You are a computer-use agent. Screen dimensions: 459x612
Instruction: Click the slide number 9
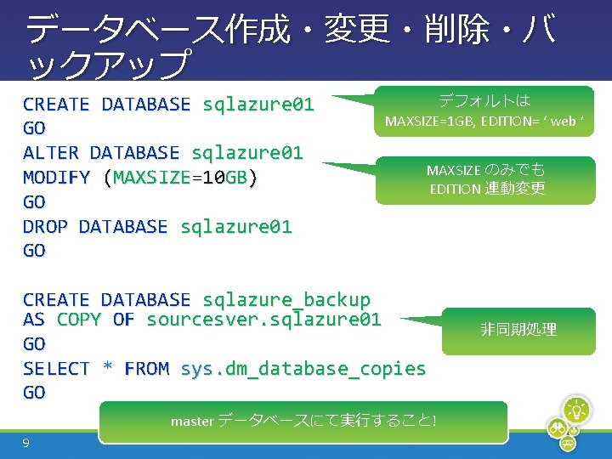coord(27,443)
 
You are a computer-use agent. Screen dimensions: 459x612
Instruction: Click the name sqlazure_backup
coord(286,300)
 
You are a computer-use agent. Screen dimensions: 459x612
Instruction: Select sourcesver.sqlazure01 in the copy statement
coord(263,320)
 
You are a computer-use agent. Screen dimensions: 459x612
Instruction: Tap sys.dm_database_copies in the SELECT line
coord(303,369)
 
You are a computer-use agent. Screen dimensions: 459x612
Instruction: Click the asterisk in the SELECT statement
coord(107,369)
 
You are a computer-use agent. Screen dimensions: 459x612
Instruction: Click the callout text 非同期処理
coord(518,329)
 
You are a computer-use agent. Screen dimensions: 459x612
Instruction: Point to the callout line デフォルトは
coord(484,100)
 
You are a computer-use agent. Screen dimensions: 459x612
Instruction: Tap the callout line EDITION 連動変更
coord(487,189)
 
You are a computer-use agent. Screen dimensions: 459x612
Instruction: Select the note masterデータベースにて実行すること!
coord(303,421)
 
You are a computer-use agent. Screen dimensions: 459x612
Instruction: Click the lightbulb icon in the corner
coord(577,410)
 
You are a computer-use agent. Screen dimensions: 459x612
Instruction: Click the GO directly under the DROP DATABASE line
coord(34,251)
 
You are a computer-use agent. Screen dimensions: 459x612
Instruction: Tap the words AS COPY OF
coord(78,320)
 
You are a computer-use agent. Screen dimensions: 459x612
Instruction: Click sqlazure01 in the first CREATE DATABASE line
coord(258,105)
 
